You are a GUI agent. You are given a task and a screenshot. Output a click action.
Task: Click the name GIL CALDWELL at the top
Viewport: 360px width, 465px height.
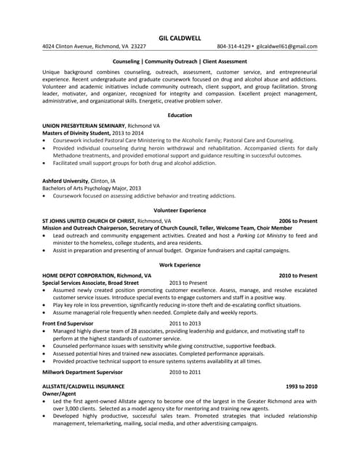[180, 37]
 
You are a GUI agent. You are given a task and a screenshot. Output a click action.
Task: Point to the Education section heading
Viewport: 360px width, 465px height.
[180, 116]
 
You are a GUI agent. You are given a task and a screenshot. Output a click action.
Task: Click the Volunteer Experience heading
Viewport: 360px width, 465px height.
[180, 210]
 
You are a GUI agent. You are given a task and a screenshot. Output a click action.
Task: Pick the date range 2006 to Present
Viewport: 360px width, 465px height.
[298, 220]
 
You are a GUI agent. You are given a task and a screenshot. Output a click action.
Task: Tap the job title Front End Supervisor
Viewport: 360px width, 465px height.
[68, 323]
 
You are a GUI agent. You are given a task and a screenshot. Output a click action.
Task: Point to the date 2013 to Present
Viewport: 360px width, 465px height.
[188, 283]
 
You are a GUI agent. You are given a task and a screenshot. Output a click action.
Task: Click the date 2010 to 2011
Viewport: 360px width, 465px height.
[185, 371]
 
